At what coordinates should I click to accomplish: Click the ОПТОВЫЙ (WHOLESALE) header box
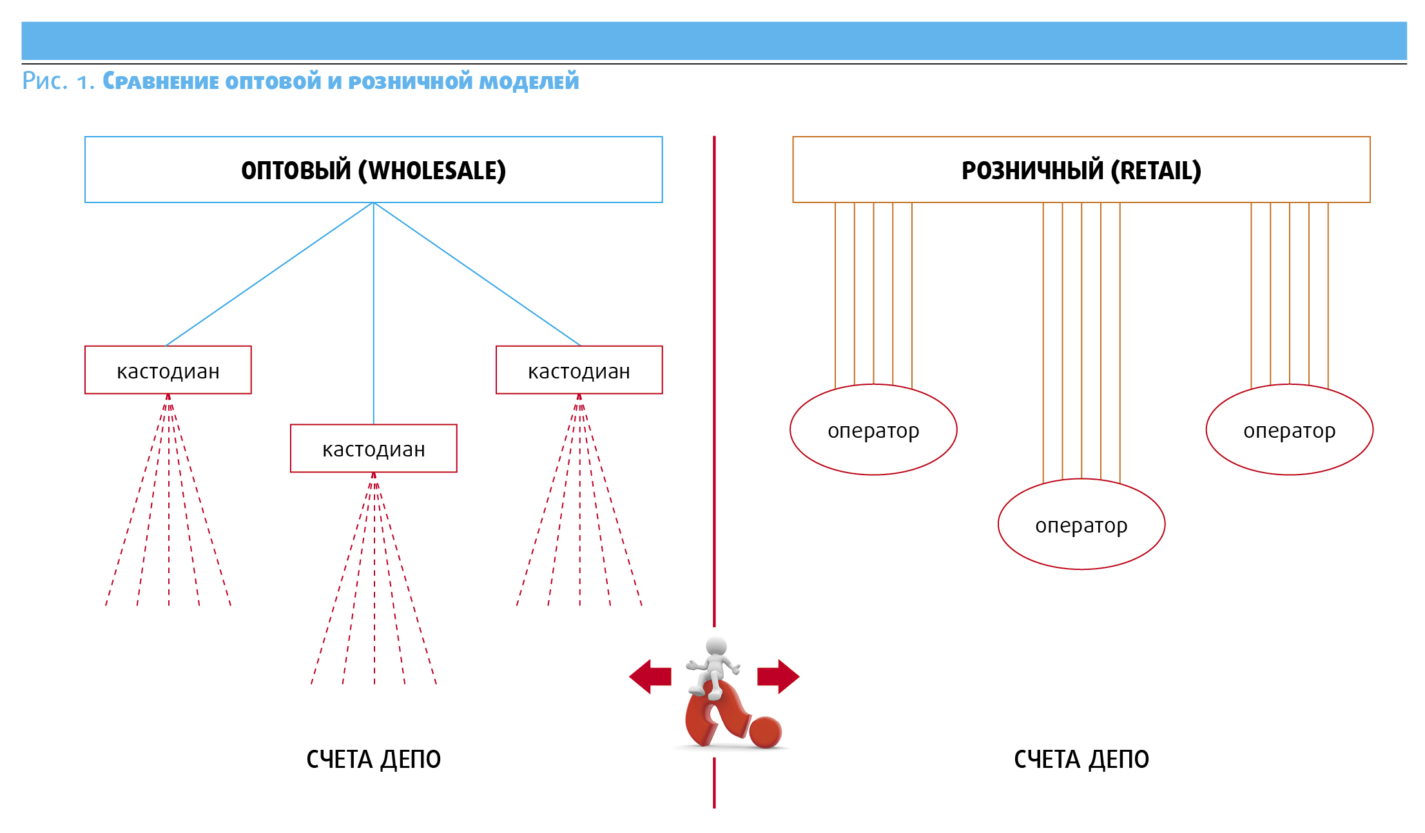[x=373, y=170]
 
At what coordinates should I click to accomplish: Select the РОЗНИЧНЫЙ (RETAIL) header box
[x=1081, y=170]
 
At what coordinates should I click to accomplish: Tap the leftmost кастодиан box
[x=168, y=370]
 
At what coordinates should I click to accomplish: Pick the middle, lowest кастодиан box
[x=373, y=448]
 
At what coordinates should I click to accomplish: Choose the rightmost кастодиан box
[x=579, y=370]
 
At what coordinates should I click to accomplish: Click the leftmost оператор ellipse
[x=873, y=430]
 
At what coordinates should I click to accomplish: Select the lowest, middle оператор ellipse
[x=1081, y=524]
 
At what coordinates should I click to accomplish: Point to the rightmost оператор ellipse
[x=1289, y=430]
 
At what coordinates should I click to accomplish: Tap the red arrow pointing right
[x=779, y=676]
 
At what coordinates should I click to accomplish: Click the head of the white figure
[x=716, y=646]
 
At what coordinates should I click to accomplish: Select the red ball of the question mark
[x=766, y=732]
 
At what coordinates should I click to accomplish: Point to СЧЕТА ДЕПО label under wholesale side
[x=373, y=759]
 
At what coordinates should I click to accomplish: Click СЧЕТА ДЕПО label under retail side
[x=1081, y=759]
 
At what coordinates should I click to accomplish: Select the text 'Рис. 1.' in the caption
[x=58, y=81]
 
